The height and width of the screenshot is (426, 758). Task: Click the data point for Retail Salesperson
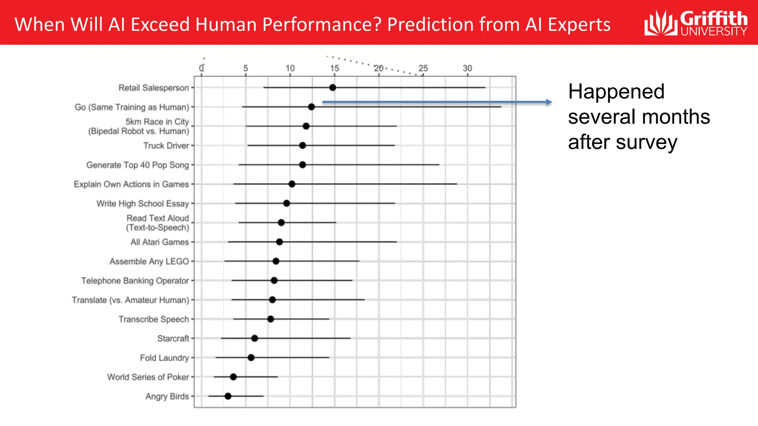tap(333, 88)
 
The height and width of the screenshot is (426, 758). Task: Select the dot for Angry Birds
tap(228, 396)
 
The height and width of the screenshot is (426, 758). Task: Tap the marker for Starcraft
tap(255, 338)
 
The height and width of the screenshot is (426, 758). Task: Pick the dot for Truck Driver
tap(302, 145)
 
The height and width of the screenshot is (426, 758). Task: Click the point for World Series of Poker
tap(233, 377)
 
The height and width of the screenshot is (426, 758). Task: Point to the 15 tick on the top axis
tap(335, 68)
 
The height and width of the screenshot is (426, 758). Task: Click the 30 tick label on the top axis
tap(467, 68)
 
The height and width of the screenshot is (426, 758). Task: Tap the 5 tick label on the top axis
tap(245, 68)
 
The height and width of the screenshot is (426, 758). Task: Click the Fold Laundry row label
tap(164, 358)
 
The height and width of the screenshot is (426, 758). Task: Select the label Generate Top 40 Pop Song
tap(137, 165)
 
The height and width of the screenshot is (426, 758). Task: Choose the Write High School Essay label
tap(142, 203)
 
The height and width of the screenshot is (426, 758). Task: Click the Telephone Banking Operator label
tap(135, 281)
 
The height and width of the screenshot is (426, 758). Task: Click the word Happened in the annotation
tap(616, 92)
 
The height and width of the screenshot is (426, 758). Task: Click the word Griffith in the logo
tap(714, 18)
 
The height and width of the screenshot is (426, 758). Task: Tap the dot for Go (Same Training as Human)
tap(311, 107)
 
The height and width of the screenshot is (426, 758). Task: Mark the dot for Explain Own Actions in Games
tap(292, 184)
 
